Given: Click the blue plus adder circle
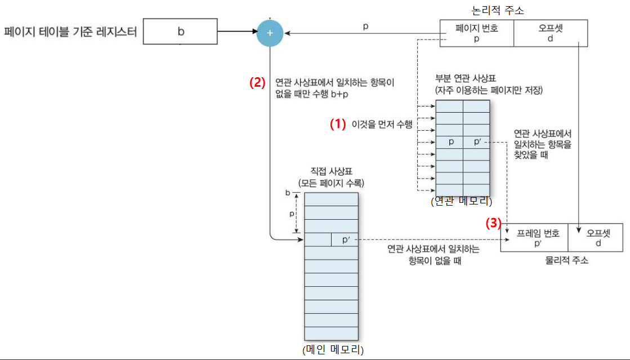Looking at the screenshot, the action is (x=270, y=33).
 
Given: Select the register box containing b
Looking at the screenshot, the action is (x=180, y=32).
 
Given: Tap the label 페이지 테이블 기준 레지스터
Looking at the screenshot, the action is (x=70, y=32).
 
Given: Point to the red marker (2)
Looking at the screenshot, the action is (x=257, y=82).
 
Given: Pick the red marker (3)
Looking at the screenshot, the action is (x=493, y=223).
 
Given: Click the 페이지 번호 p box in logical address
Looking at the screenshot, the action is (x=476, y=33).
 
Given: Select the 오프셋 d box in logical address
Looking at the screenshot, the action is (x=550, y=33).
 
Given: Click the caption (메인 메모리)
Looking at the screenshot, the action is (x=333, y=350).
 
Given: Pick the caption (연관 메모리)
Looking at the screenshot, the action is (x=462, y=202).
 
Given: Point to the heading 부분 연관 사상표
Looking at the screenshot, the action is (x=462, y=78).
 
